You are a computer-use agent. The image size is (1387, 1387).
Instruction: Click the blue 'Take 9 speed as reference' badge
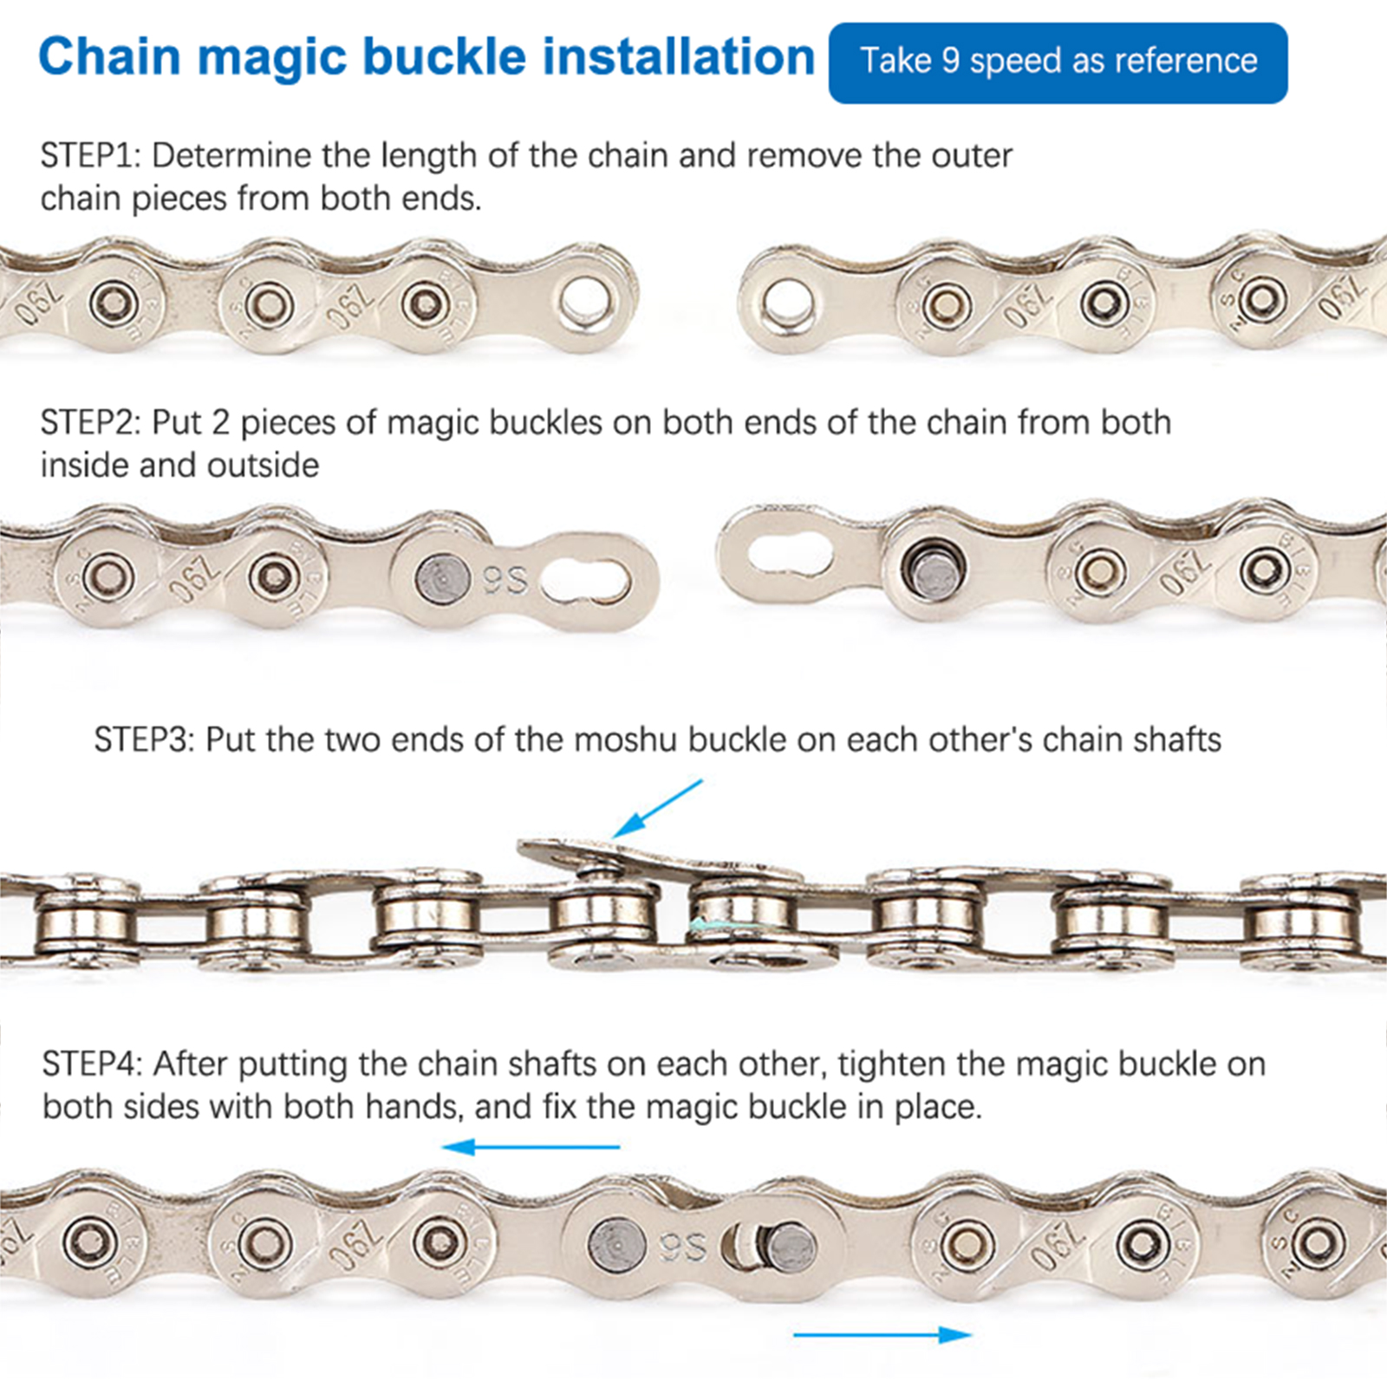tap(1058, 62)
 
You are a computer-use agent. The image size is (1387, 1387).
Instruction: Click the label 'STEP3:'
tap(144, 740)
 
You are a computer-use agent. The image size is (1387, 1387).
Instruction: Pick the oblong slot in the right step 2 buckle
tap(790, 553)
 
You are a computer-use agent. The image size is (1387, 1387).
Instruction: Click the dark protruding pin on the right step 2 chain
tap(931, 571)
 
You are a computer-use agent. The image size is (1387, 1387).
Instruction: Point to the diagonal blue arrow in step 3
tap(657, 809)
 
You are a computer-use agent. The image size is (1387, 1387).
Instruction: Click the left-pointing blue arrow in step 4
tap(531, 1147)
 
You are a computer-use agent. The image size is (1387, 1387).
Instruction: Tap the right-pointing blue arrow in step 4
tap(882, 1334)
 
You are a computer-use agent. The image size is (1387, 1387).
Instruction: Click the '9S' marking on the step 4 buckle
tap(683, 1247)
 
